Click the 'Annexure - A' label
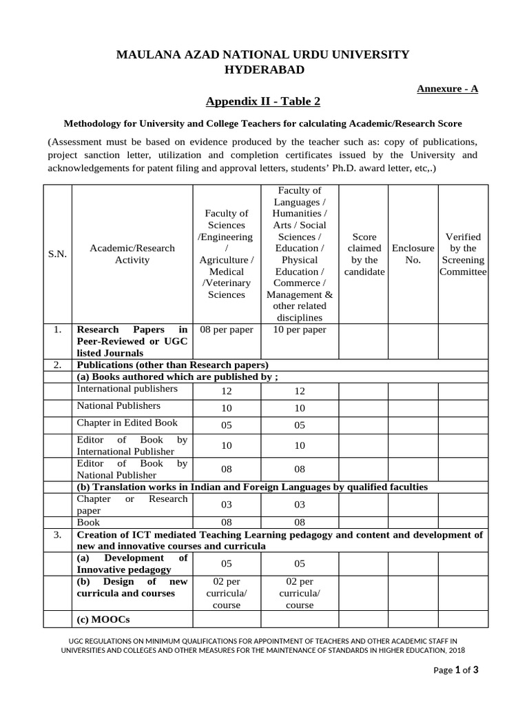(x=447, y=88)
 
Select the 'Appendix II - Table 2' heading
(x=263, y=102)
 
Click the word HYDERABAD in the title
(x=264, y=70)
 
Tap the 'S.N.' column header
(x=57, y=254)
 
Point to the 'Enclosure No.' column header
(x=413, y=254)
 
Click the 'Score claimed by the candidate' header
(x=364, y=254)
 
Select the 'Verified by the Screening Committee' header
(x=463, y=254)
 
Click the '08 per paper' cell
(x=226, y=330)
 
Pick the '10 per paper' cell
(x=300, y=330)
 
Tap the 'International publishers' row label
(x=127, y=389)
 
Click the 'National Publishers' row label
(x=118, y=406)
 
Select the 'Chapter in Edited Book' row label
(x=127, y=423)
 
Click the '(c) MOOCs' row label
(x=103, y=619)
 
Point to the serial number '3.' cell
(x=57, y=534)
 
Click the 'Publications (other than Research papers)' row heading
(x=172, y=365)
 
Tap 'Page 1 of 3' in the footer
(x=456, y=670)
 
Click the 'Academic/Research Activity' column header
(x=132, y=254)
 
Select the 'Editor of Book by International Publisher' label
(x=132, y=445)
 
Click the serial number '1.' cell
(x=57, y=330)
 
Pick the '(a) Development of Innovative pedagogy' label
(x=132, y=563)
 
